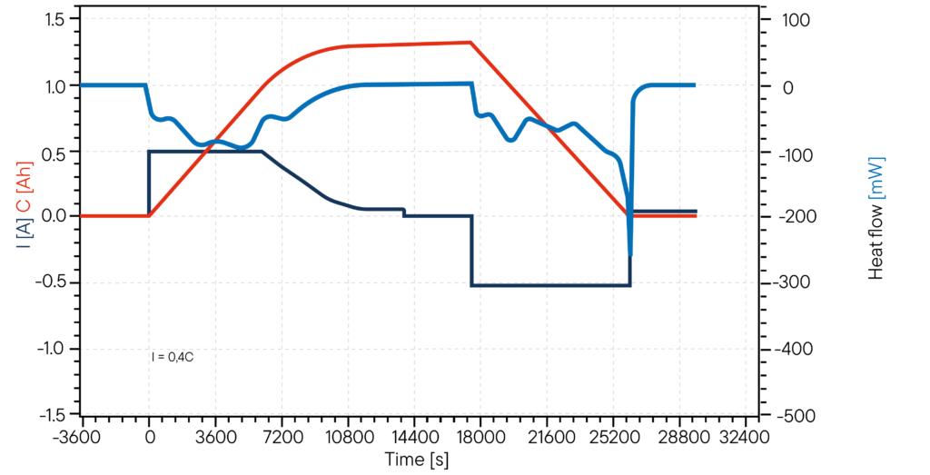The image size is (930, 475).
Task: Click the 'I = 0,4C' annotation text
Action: (173, 357)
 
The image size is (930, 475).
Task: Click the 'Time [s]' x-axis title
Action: (416, 460)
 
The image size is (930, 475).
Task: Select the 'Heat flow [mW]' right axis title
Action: (876, 218)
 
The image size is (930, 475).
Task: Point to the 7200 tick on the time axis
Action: (282, 437)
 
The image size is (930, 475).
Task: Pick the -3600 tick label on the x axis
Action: (79, 437)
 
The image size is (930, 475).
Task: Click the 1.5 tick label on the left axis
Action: (56, 20)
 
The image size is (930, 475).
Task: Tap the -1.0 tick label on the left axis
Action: (54, 349)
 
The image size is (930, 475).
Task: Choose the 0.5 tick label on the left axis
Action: (56, 152)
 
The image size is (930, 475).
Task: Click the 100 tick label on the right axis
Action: (781, 20)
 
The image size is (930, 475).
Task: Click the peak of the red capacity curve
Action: (470, 42)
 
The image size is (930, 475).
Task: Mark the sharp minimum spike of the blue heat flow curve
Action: (630, 255)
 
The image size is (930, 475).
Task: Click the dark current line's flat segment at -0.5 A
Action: (550, 285)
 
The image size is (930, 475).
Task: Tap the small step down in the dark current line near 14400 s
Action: (403, 213)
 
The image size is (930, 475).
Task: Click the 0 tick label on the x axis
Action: (149, 437)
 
